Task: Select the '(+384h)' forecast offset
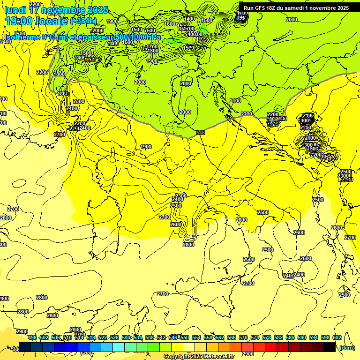(83, 21)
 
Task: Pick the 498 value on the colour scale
(32, 337)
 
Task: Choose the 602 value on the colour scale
(337, 337)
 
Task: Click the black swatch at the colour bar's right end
(330, 347)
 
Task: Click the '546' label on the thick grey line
(201, 133)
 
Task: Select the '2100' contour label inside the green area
(235, 101)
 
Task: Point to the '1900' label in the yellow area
(146, 147)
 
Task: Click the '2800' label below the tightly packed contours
(188, 245)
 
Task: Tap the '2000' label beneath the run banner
(291, 20)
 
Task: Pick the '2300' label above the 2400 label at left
(78, 101)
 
